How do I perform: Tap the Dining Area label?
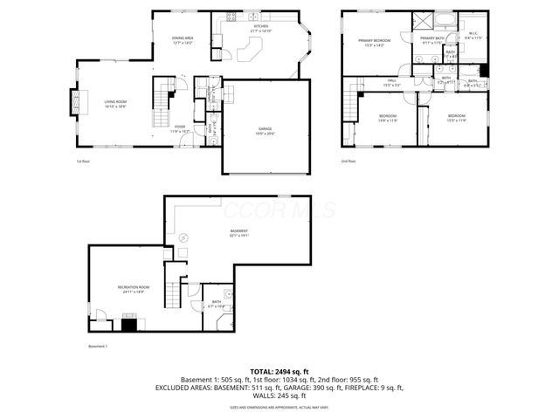coord(183,40)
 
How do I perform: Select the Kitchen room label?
coord(261,29)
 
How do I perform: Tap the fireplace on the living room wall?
coord(73,103)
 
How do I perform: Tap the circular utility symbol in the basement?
coord(183,237)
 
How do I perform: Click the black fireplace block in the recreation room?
coord(128,326)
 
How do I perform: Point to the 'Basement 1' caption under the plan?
coord(99,347)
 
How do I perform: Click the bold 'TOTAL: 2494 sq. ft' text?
coord(279,372)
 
